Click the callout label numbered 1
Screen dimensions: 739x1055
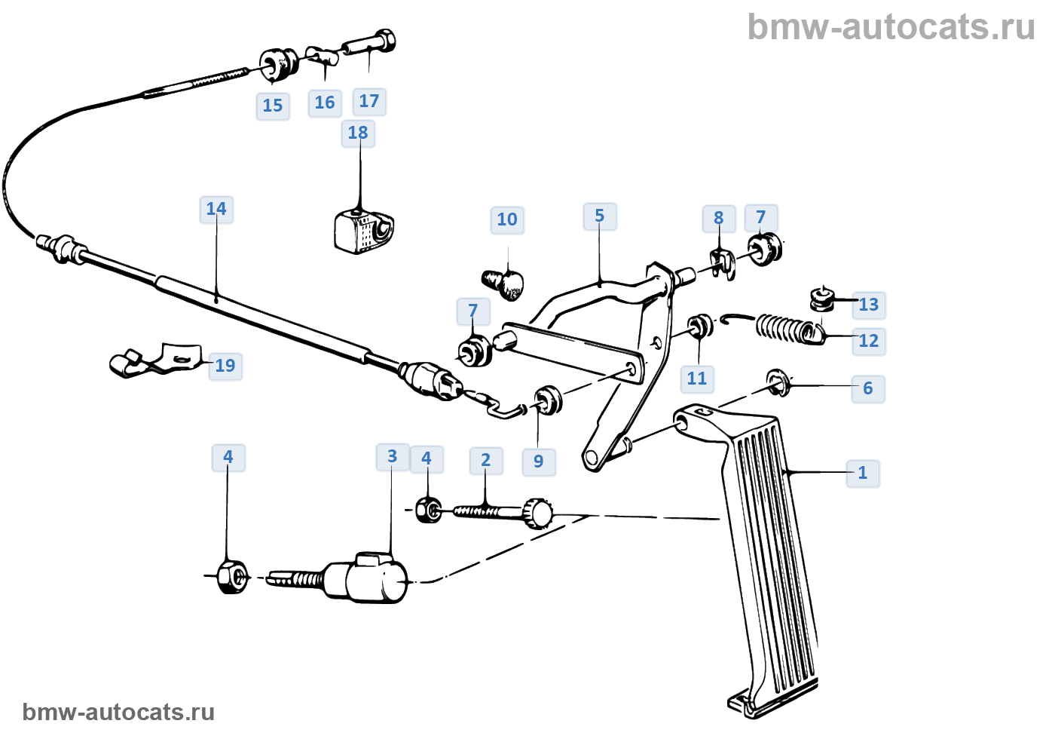(863, 474)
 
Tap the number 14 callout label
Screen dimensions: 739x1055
(216, 209)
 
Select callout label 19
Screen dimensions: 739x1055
(225, 366)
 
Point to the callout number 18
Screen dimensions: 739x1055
(358, 133)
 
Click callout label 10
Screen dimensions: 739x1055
(507, 220)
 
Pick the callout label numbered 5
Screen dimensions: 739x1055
(600, 216)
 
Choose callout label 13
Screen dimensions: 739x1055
(869, 305)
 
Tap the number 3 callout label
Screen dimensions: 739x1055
(392, 456)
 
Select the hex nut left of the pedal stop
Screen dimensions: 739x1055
(230, 577)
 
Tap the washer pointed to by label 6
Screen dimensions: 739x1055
(777, 382)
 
